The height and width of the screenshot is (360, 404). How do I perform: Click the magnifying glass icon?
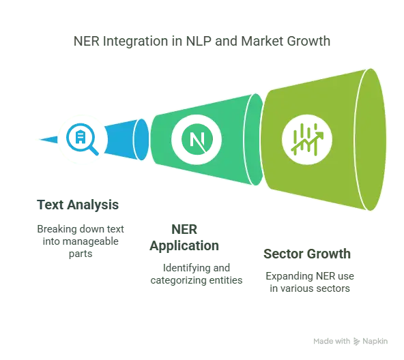click(x=82, y=139)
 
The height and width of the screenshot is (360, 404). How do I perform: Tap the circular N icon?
click(x=197, y=139)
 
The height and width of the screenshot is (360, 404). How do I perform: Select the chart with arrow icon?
click(x=307, y=139)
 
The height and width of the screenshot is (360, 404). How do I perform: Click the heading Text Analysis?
click(x=78, y=205)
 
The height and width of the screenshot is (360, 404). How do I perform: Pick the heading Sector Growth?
click(x=307, y=254)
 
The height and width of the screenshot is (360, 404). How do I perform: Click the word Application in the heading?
click(x=184, y=246)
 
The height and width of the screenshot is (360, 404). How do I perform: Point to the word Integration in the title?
click(x=136, y=41)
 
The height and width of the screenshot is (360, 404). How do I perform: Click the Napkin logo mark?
click(x=356, y=342)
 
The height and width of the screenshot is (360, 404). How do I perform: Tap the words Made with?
click(x=332, y=341)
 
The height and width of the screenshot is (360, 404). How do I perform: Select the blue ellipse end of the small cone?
click(x=141, y=139)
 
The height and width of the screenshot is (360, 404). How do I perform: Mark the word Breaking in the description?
click(x=57, y=229)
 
